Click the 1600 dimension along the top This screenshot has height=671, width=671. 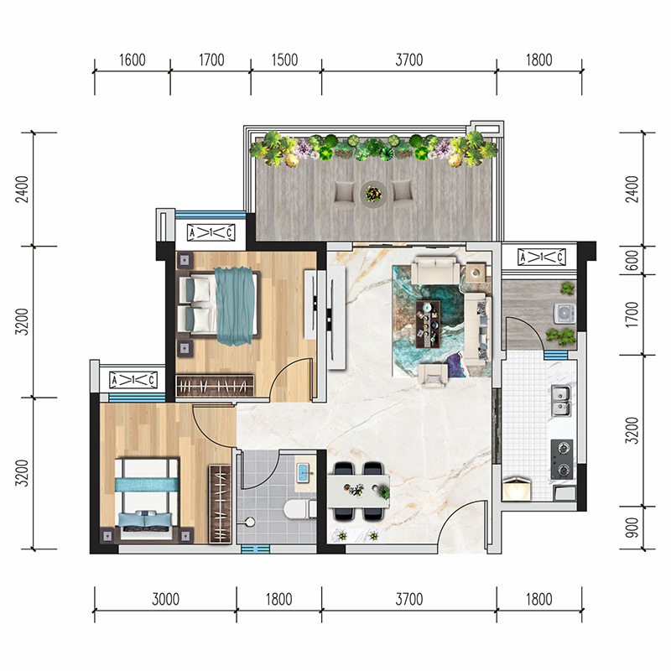(x=133, y=60)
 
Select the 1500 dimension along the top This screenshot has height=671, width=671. (x=284, y=60)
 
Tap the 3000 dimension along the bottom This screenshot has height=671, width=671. (x=165, y=600)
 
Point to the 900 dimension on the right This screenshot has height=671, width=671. (x=632, y=528)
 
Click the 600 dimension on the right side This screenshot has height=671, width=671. (x=632, y=260)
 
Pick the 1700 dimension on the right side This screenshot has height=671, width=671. (x=632, y=315)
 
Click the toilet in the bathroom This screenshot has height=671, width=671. (x=299, y=509)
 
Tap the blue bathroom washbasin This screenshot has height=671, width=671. (x=304, y=472)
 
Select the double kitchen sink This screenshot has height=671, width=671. (x=560, y=401)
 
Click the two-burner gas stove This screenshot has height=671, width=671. (x=562, y=459)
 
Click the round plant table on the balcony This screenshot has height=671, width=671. (x=373, y=195)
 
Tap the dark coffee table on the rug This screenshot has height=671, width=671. (x=428, y=325)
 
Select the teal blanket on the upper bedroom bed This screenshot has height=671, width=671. (x=235, y=305)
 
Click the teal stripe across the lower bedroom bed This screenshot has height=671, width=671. (x=148, y=485)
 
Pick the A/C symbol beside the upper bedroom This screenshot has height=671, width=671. (x=211, y=232)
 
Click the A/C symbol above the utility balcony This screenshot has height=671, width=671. (x=541, y=257)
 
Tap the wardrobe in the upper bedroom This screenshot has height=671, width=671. (x=215, y=386)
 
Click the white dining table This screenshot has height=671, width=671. (x=359, y=491)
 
